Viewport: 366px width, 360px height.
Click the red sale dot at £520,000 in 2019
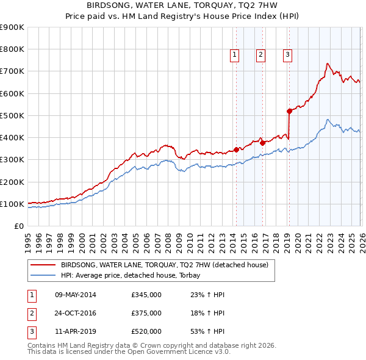tap(289, 111)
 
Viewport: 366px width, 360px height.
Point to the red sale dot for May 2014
tap(236, 149)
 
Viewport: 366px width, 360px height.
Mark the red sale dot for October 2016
tap(262, 143)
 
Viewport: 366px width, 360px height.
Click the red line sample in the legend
tap(43, 265)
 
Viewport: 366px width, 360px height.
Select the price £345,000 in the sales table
tap(146, 295)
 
